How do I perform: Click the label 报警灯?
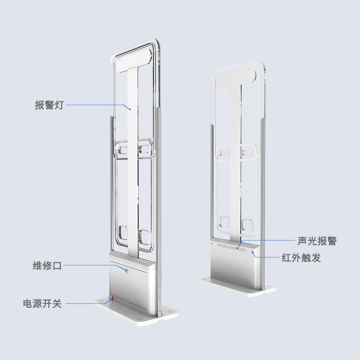coord(49,105)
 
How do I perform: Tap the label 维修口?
coord(48,266)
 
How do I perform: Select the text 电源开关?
coord(42,303)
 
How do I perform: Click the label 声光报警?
coord(317,240)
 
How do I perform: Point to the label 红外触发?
coord(301,258)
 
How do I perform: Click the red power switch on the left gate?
coord(111,298)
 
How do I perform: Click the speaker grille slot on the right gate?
coord(232,247)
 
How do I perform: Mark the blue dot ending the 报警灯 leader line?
coord(129,108)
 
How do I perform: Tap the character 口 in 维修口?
coord(57,266)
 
